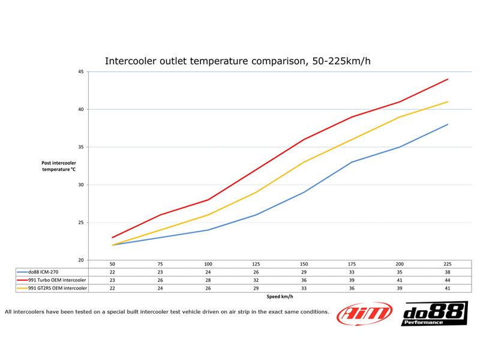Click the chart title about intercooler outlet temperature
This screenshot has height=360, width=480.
pos(241,61)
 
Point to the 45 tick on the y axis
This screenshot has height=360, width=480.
pos(80,72)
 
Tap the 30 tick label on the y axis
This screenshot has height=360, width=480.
pos(80,185)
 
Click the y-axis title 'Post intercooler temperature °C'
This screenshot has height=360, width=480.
pos(59,166)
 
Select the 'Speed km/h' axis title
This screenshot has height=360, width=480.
pos(280,296)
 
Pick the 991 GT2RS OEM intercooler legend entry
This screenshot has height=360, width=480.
pos(52,289)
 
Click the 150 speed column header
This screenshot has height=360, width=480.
pos(304,264)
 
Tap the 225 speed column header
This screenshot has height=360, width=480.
pos(448,264)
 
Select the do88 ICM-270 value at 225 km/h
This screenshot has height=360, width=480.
pos(448,272)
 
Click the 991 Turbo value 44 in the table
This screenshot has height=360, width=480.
pos(448,280)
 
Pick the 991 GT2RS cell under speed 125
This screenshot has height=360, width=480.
pos(256,289)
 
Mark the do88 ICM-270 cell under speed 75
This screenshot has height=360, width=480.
pos(160,272)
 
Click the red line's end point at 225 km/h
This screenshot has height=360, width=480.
pos(448,79)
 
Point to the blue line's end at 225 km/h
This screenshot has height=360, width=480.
pos(448,124)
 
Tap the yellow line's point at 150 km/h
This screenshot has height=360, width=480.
pos(304,162)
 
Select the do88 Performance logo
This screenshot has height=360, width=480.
pos(434,314)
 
